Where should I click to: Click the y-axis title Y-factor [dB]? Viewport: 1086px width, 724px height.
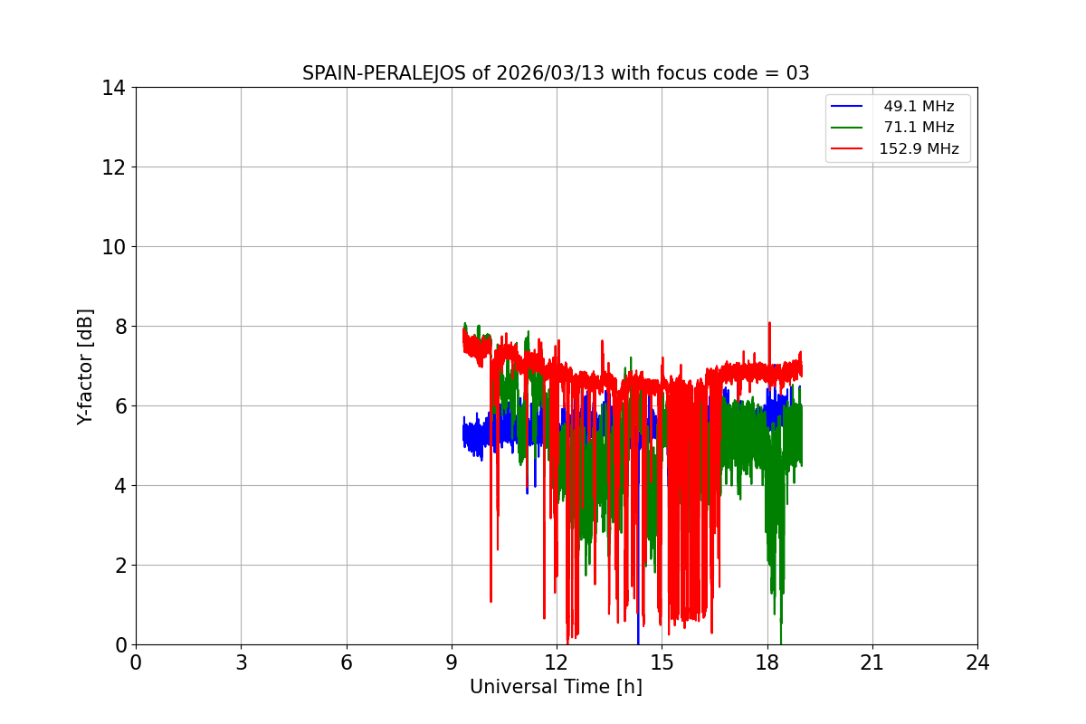[85, 367]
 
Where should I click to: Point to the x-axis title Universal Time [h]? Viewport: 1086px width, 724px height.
[556, 687]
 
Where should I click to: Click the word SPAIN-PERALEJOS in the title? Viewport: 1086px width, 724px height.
[385, 73]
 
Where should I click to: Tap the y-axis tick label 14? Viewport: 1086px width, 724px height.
[112, 88]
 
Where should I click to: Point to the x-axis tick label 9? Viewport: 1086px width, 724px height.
[452, 662]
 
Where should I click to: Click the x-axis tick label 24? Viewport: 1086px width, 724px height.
[977, 662]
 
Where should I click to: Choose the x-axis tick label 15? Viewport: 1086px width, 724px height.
[662, 662]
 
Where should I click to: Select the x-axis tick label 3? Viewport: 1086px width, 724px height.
[241, 662]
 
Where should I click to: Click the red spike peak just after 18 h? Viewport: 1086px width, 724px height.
[769, 323]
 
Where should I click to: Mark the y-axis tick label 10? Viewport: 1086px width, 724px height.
[112, 247]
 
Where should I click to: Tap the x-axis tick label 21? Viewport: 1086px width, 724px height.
[872, 662]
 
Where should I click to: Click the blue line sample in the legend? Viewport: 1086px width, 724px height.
[847, 107]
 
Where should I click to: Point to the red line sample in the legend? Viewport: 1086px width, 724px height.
[847, 149]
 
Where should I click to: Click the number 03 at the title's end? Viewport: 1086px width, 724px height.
[798, 73]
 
